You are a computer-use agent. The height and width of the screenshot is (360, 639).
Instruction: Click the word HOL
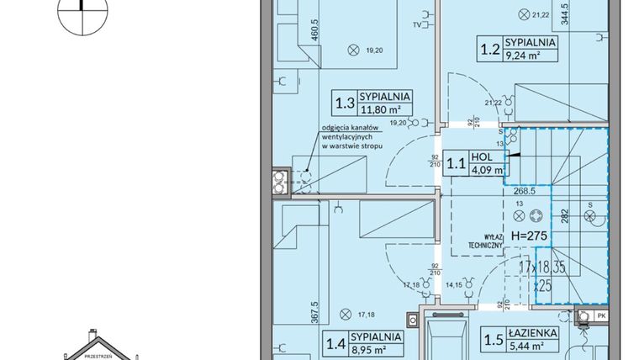[x=482, y=156]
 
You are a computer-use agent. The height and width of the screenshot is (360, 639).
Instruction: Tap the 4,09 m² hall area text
[x=487, y=170]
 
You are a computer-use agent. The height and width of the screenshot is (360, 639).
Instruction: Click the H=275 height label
[x=528, y=238]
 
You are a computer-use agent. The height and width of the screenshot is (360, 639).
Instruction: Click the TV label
[x=417, y=26]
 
